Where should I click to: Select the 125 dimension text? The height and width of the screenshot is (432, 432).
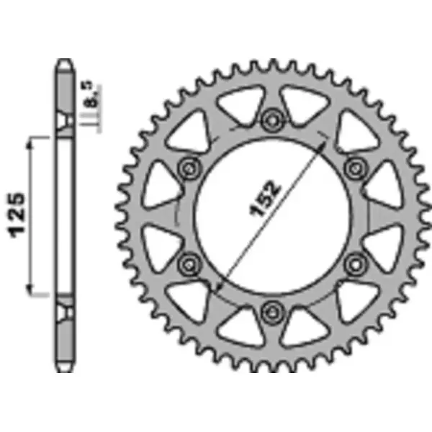(x=18, y=214)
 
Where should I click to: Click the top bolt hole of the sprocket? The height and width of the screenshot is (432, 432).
(x=272, y=119)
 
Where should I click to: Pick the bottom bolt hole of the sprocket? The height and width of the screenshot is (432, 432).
(x=272, y=311)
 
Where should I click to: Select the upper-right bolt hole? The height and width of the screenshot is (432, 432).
(x=354, y=168)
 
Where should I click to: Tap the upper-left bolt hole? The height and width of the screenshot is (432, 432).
(x=190, y=168)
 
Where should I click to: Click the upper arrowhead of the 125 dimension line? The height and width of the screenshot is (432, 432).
(x=31, y=145)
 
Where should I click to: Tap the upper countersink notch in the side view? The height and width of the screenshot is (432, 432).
(x=66, y=120)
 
